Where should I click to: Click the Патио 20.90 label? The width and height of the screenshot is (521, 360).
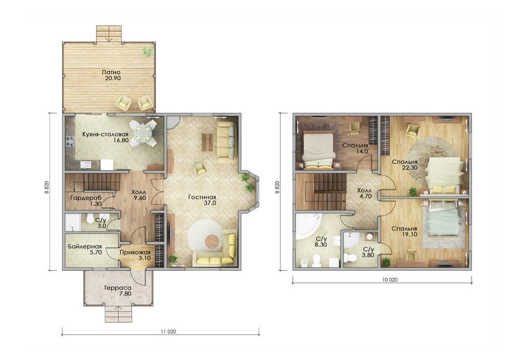point(111,75)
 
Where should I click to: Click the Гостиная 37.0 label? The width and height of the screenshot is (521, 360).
point(202,200)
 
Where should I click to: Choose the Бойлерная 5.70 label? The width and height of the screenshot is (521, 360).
point(85,249)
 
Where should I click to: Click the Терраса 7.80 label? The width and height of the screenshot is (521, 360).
point(118,291)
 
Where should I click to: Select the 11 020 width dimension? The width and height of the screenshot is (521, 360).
point(168,331)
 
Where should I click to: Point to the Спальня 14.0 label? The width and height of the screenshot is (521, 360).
point(355,148)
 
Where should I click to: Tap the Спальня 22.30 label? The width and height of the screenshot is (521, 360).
point(405,164)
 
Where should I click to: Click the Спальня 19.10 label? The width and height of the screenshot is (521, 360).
point(404,232)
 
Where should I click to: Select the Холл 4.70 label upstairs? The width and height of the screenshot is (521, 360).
point(364,193)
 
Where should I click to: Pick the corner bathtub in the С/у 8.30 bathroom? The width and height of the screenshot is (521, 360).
point(308,226)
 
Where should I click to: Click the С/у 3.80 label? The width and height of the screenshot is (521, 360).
point(369,252)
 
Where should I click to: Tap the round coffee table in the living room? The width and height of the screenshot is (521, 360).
point(212,241)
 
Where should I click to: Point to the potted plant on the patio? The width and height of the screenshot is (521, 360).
point(148,51)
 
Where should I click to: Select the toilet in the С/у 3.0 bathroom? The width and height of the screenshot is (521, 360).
point(90,218)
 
